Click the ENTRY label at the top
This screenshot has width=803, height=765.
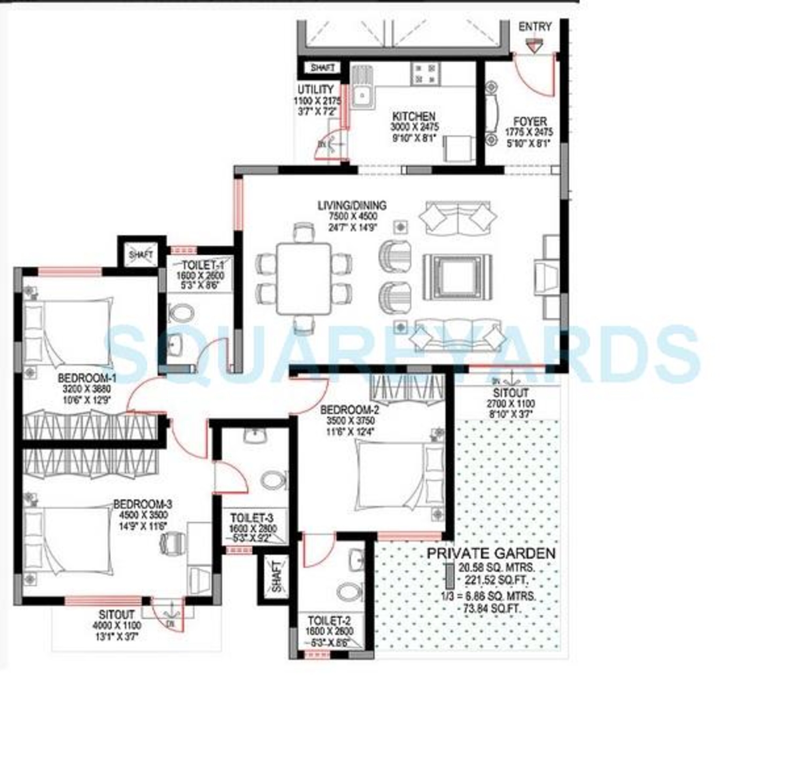pyautogui.click(x=535, y=27)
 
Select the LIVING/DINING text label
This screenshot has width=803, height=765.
pyautogui.click(x=352, y=206)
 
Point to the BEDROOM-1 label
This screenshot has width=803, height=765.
pyautogui.click(x=87, y=377)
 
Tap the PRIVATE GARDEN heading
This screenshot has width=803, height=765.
pyautogui.click(x=491, y=553)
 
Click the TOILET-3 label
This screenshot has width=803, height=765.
pyautogui.click(x=252, y=518)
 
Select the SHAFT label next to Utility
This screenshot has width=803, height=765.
pyautogui.click(x=323, y=68)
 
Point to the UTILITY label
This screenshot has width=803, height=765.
pyautogui.click(x=315, y=89)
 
